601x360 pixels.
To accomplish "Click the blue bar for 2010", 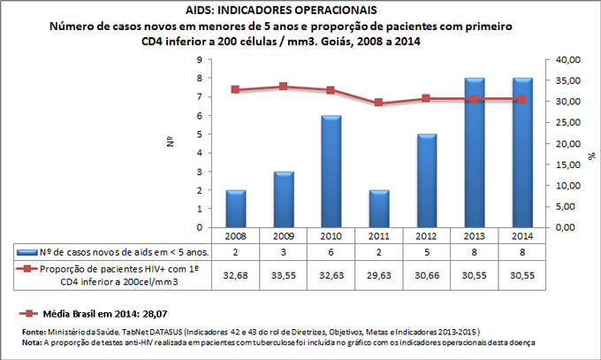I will pos(331,172).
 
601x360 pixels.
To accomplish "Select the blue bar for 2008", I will pos(235,209).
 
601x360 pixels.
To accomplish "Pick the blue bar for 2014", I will pos(521,153).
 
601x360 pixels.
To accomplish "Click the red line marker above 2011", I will pos(378,103).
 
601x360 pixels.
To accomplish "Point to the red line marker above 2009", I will pos(283,87).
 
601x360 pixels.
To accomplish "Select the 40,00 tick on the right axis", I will pos(565,60).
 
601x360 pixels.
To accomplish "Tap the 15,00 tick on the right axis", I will pos(565,165).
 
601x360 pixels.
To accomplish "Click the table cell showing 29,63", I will pos(378,275).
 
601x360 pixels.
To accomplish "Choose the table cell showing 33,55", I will pos(283,275).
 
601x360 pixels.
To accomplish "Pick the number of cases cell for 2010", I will pos(331,252).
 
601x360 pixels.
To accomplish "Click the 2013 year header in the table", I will pos(474,237).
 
